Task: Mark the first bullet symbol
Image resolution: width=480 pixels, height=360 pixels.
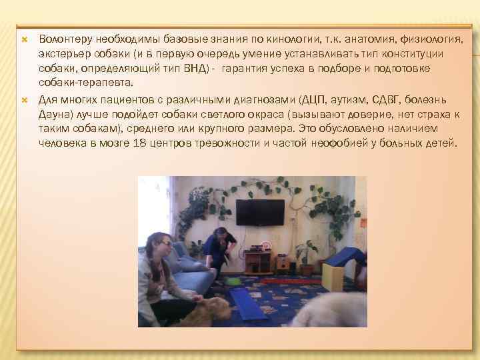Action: point(24,40)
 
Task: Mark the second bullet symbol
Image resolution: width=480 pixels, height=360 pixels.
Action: point(24,99)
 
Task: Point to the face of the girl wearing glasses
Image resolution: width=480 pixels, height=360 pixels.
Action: point(163,247)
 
